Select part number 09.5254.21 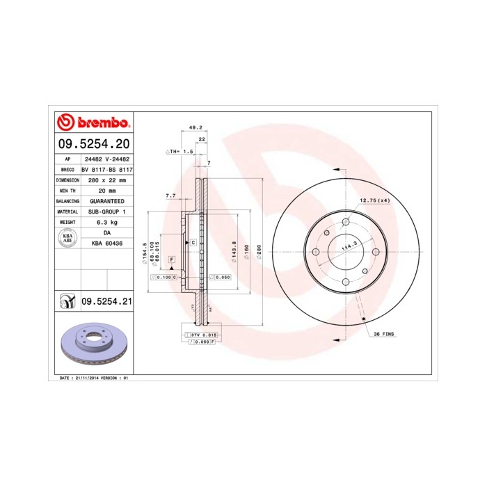coord(107,301)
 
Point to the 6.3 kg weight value coord(107,221)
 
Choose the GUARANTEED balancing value coord(107,200)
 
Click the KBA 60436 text coord(107,243)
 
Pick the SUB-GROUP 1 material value coord(107,211)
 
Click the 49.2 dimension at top coord(195,128)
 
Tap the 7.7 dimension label coord(170,195)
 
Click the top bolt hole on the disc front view coord(345,221)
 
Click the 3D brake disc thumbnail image coord(92,344)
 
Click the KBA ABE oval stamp coord(68,238)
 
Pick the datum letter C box coord(193,242)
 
